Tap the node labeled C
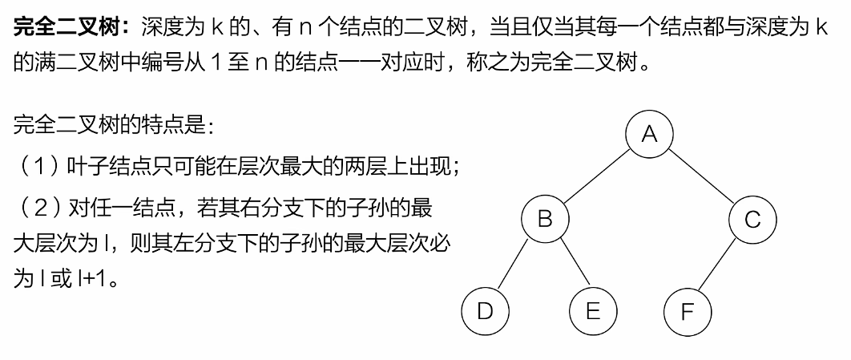[752, 219]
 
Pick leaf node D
[485, 310]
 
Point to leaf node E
[592, 311]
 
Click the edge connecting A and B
[597, 176]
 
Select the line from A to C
[700, 176]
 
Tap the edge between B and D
[514, 265]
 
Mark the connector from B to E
[569, 265]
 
